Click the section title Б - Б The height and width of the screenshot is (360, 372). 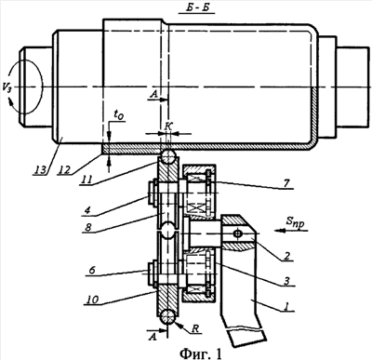196,8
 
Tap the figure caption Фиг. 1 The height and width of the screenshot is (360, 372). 201,353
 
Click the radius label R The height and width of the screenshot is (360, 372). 195,328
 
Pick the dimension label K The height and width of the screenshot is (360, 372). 168,126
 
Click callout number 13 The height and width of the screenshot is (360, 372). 40,169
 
